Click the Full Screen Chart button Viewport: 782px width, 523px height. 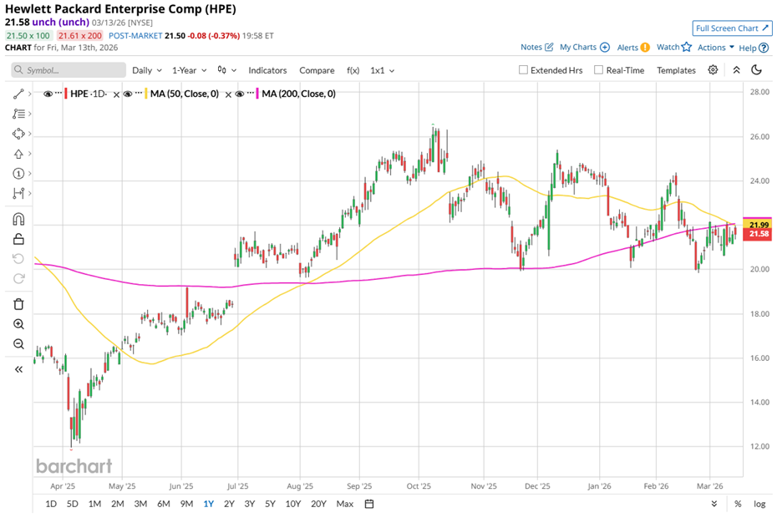732,28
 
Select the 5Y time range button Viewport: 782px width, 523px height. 270,504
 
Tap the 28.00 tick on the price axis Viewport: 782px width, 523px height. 759,92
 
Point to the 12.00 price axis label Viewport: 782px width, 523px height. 759,446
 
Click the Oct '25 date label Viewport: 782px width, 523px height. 418,485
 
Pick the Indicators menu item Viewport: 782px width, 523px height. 267,70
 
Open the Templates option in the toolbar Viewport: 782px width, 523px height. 676,70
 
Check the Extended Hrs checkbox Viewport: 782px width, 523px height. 524,70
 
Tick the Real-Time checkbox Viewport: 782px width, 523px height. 599,70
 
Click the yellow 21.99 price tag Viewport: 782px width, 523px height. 759,225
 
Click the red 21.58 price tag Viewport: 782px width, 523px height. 759,235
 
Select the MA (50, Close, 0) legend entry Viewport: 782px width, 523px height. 182,94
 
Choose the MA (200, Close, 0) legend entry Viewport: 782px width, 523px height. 297,94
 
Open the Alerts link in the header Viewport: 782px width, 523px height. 633,48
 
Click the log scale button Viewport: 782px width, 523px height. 759,504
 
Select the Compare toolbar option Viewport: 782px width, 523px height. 317,70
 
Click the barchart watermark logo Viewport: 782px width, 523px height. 74,466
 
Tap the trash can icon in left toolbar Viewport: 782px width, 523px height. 18,304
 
